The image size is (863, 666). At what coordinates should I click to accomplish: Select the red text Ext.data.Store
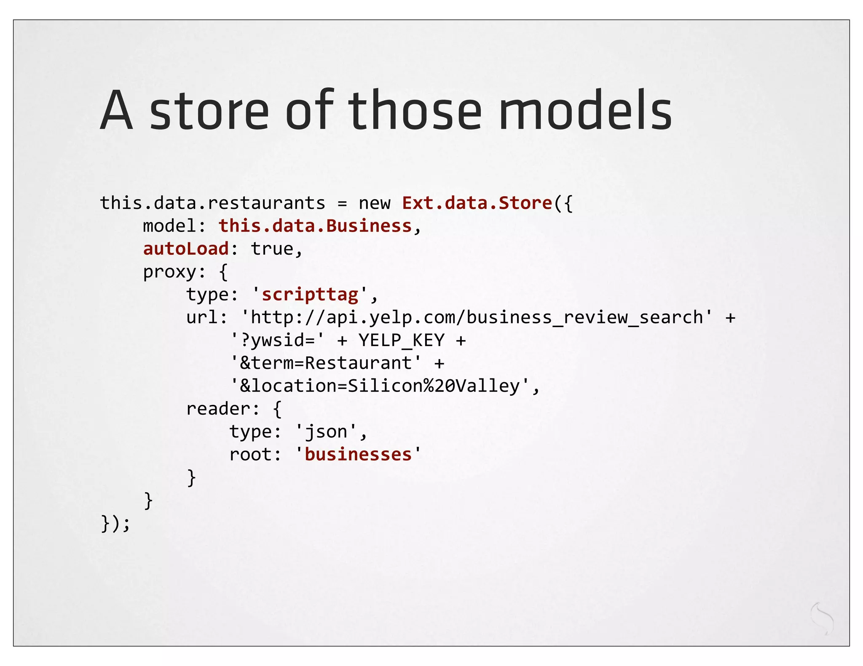[x=477, y=203]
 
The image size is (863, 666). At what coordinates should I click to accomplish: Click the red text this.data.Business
[x=315, y=226]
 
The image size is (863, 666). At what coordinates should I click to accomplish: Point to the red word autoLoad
[x=186, y=249]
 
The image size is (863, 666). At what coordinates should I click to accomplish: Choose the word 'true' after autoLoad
[x=272, y=249]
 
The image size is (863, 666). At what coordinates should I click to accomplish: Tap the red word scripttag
[x=310, y=294]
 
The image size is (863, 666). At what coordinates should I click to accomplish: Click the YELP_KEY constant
[x=401, y=340]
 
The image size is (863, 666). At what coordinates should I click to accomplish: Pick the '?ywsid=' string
[x=277, y=340]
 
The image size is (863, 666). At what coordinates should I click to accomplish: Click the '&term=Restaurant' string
[x=326, y=363]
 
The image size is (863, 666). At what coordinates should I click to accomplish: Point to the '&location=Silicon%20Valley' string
[x=380, y=386]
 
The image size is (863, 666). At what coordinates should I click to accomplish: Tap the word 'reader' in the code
[x=218, y=409]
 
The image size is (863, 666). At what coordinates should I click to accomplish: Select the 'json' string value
[x=326, y=432]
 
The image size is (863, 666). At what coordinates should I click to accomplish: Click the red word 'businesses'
[x=358, y=455]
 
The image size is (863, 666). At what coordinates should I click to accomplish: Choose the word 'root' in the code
[x=250, y=455]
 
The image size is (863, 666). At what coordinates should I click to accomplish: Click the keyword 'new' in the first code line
[x=374, y=203]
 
